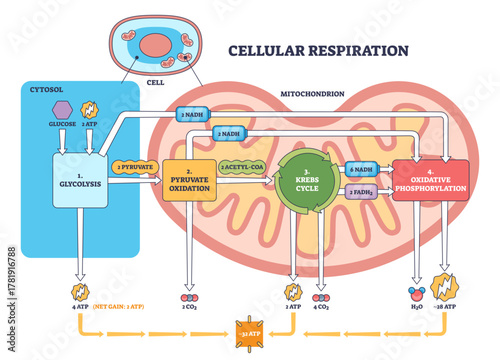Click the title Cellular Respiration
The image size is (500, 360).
click(x=317, y=50)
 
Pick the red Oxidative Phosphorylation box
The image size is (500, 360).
click(x=430, y=180)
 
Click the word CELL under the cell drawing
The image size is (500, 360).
click(x=155, y=84)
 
